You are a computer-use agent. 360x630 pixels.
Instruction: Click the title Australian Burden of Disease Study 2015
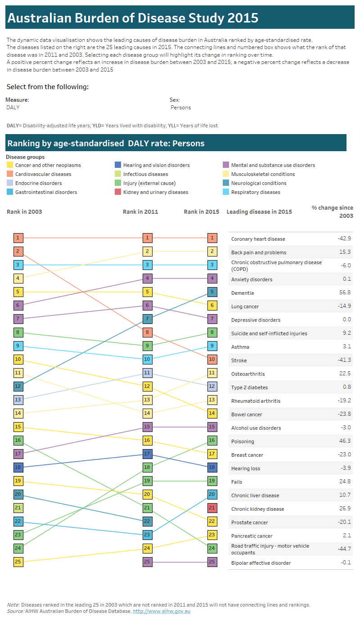(133, 18)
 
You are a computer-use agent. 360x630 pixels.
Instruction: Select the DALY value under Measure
(13, 108)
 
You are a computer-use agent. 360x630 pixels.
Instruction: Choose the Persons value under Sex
(180, 108)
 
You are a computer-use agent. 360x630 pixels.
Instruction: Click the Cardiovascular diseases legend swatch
(10, 174)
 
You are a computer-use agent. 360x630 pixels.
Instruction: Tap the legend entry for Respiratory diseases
(255, 192)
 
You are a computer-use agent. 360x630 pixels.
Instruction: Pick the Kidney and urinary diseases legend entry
(155, 192)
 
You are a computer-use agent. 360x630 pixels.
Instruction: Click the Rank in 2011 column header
(140, 211)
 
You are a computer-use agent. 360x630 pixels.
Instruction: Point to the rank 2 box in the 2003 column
(18, 252)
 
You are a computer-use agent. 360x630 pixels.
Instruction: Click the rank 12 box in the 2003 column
(18, 386)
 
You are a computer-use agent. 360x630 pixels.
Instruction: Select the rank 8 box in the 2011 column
(147, 333)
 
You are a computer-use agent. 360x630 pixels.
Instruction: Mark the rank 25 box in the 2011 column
(147, 562)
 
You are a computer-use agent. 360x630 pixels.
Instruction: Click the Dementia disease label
(242, 293)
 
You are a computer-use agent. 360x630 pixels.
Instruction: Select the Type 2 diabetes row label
(249, 387)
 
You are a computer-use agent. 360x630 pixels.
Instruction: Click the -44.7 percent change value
(344, 549)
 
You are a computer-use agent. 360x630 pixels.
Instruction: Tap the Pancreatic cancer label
(252, 536)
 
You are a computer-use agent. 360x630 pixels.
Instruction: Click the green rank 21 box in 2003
(18, 508)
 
